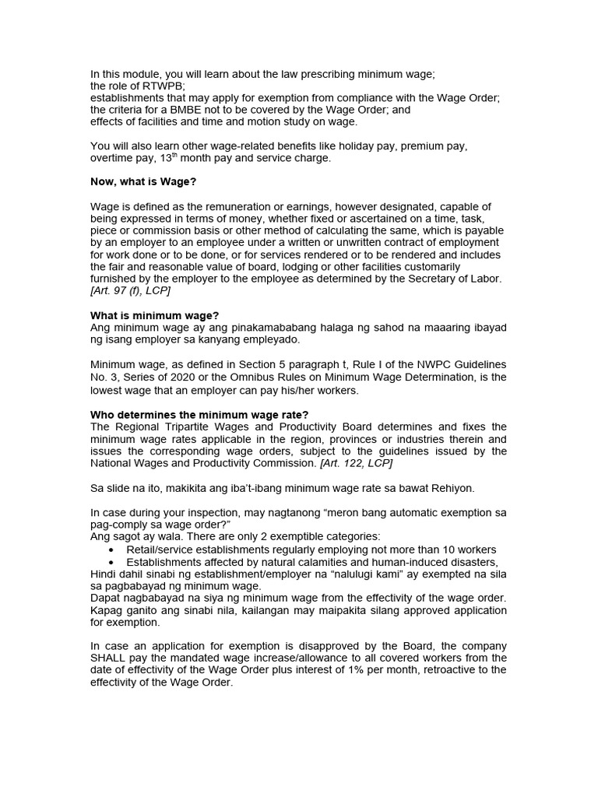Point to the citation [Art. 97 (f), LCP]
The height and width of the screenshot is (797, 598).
(130, 290)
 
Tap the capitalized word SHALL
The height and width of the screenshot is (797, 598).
(110, 658)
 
